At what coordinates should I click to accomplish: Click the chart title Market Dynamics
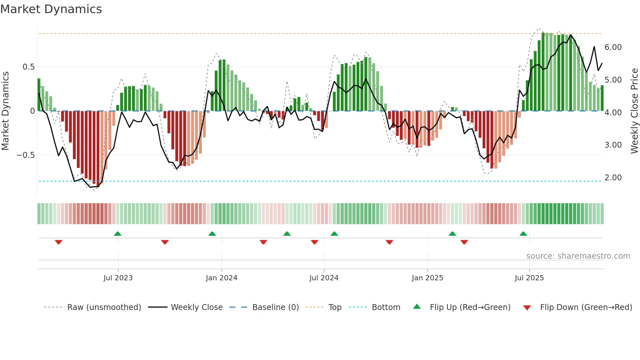click(x=51, y=9)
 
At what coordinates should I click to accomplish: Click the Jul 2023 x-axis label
click(x=118, y=278)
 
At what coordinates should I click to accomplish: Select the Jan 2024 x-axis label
click(x=221, y=278)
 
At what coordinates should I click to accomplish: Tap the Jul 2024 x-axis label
click(x=324, y=278)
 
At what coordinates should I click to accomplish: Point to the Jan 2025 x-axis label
click(x=427, y=278)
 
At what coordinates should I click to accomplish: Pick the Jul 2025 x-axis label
click(x=529, y=278)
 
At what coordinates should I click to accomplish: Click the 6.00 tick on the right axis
click(x=613, y=47)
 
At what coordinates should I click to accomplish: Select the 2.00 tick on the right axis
click(x=613, y=178)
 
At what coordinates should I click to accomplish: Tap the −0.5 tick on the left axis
click(x=26, y=155)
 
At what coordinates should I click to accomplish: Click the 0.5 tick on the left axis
click(x=28, y=67)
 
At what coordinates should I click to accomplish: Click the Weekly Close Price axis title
click(x=634, y=111)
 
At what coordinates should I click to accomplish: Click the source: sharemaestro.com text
click(x=578, y=256)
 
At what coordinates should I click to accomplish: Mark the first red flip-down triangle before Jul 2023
click(x=58, y=242)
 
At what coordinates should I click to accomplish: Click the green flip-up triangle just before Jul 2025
click(x=523, y=234)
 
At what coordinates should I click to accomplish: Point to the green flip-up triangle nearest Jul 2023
click(x=118, y=234)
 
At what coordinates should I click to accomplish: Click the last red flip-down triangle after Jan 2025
click(x=464, y=242)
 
